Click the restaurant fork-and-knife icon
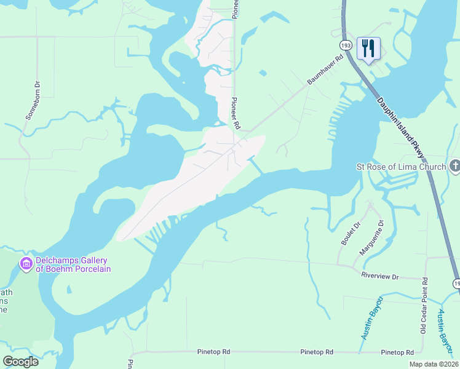point(368,48)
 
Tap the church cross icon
point(454,166)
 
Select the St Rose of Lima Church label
point(401,167)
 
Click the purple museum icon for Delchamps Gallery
point(26,264)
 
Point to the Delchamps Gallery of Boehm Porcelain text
point(73,264)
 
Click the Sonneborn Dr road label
point(32,100)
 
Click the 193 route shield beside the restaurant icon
point(345,46)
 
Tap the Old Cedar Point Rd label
point(424,314)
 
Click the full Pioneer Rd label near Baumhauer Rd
point(235,113)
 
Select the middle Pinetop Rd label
point(317,352)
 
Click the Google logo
point(20,362)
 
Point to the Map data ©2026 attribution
point(434,364)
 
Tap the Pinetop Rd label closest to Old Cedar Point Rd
point(397,352)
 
